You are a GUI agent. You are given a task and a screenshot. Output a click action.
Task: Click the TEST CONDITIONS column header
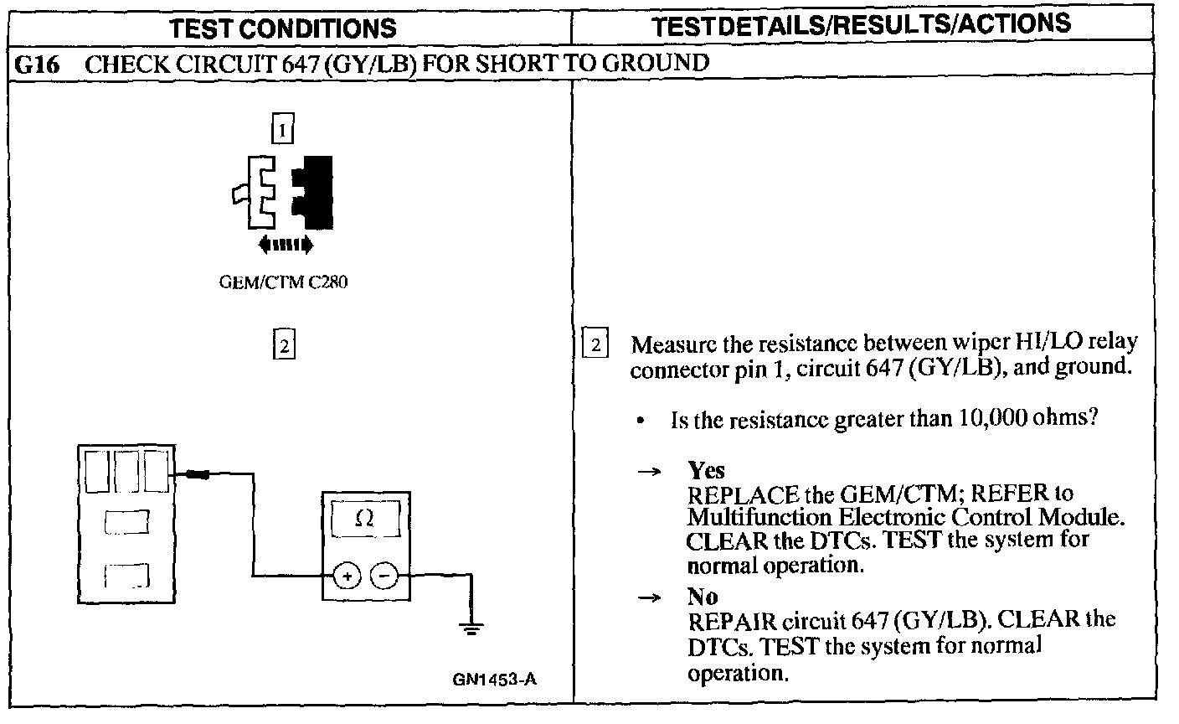[283, 28]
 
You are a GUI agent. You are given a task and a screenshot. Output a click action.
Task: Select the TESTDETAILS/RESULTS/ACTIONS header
[861, 24]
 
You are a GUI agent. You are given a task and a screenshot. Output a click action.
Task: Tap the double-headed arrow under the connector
[286, 245]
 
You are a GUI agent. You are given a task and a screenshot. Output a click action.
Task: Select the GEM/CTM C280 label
[283, 282]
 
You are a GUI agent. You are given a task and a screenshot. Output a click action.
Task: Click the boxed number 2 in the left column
[284, 345]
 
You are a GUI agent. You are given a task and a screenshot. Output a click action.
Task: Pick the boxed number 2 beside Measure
[594, 344]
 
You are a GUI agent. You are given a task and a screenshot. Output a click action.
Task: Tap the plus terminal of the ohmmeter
[347, 576]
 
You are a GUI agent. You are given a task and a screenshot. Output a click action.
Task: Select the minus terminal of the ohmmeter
[384, 576]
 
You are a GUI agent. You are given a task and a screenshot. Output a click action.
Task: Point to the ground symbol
[471, 628]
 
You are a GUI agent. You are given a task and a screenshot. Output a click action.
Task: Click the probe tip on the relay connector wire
[198, 474]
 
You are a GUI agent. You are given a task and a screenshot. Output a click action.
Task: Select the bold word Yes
[706, 469]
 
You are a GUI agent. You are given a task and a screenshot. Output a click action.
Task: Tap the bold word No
[703, 597]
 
